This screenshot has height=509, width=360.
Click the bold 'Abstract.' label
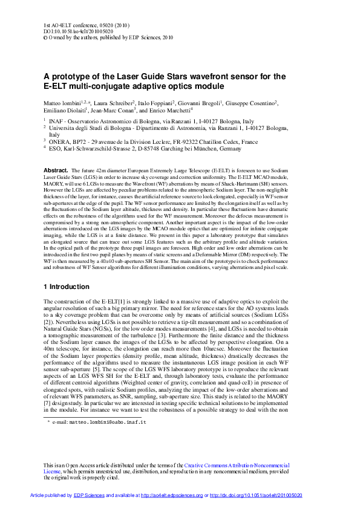(x=56, y=171)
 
